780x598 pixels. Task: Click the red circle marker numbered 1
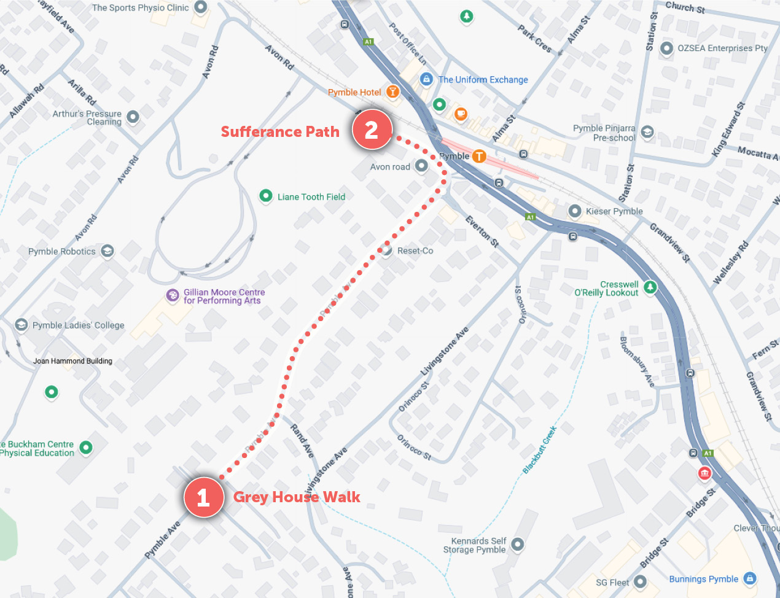tap(203, 497)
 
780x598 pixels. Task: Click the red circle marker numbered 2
tap(372, 130)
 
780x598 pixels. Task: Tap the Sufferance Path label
tap(280, 132)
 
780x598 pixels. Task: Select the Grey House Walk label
tap(297, 497)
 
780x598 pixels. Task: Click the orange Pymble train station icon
tap(478, 156)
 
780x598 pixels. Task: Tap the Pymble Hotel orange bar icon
tap(392, 92)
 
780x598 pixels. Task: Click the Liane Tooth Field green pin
tap(265, 196)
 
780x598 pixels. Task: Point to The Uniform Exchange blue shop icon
tap(426, 79)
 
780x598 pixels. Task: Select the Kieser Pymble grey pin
tap(574, 211)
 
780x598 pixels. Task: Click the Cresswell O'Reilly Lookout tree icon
tap(650, 286)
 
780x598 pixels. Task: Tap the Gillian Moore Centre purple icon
tap(173, 295)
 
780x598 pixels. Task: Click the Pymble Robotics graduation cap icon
tap(107, 250)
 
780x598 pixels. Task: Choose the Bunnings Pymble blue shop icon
tap(749, 578)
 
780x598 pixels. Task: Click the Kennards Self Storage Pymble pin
tap(518, 543)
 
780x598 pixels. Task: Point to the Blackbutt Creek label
tap(539, 450)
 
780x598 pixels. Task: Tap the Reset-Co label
tap(415, 250)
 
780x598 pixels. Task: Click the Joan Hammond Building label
tap(72, 361)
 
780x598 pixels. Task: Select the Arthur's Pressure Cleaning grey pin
tap(133, 117)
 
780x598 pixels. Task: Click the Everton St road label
tap(482, 231)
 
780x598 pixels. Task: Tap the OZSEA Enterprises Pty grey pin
tap(666, 48)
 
